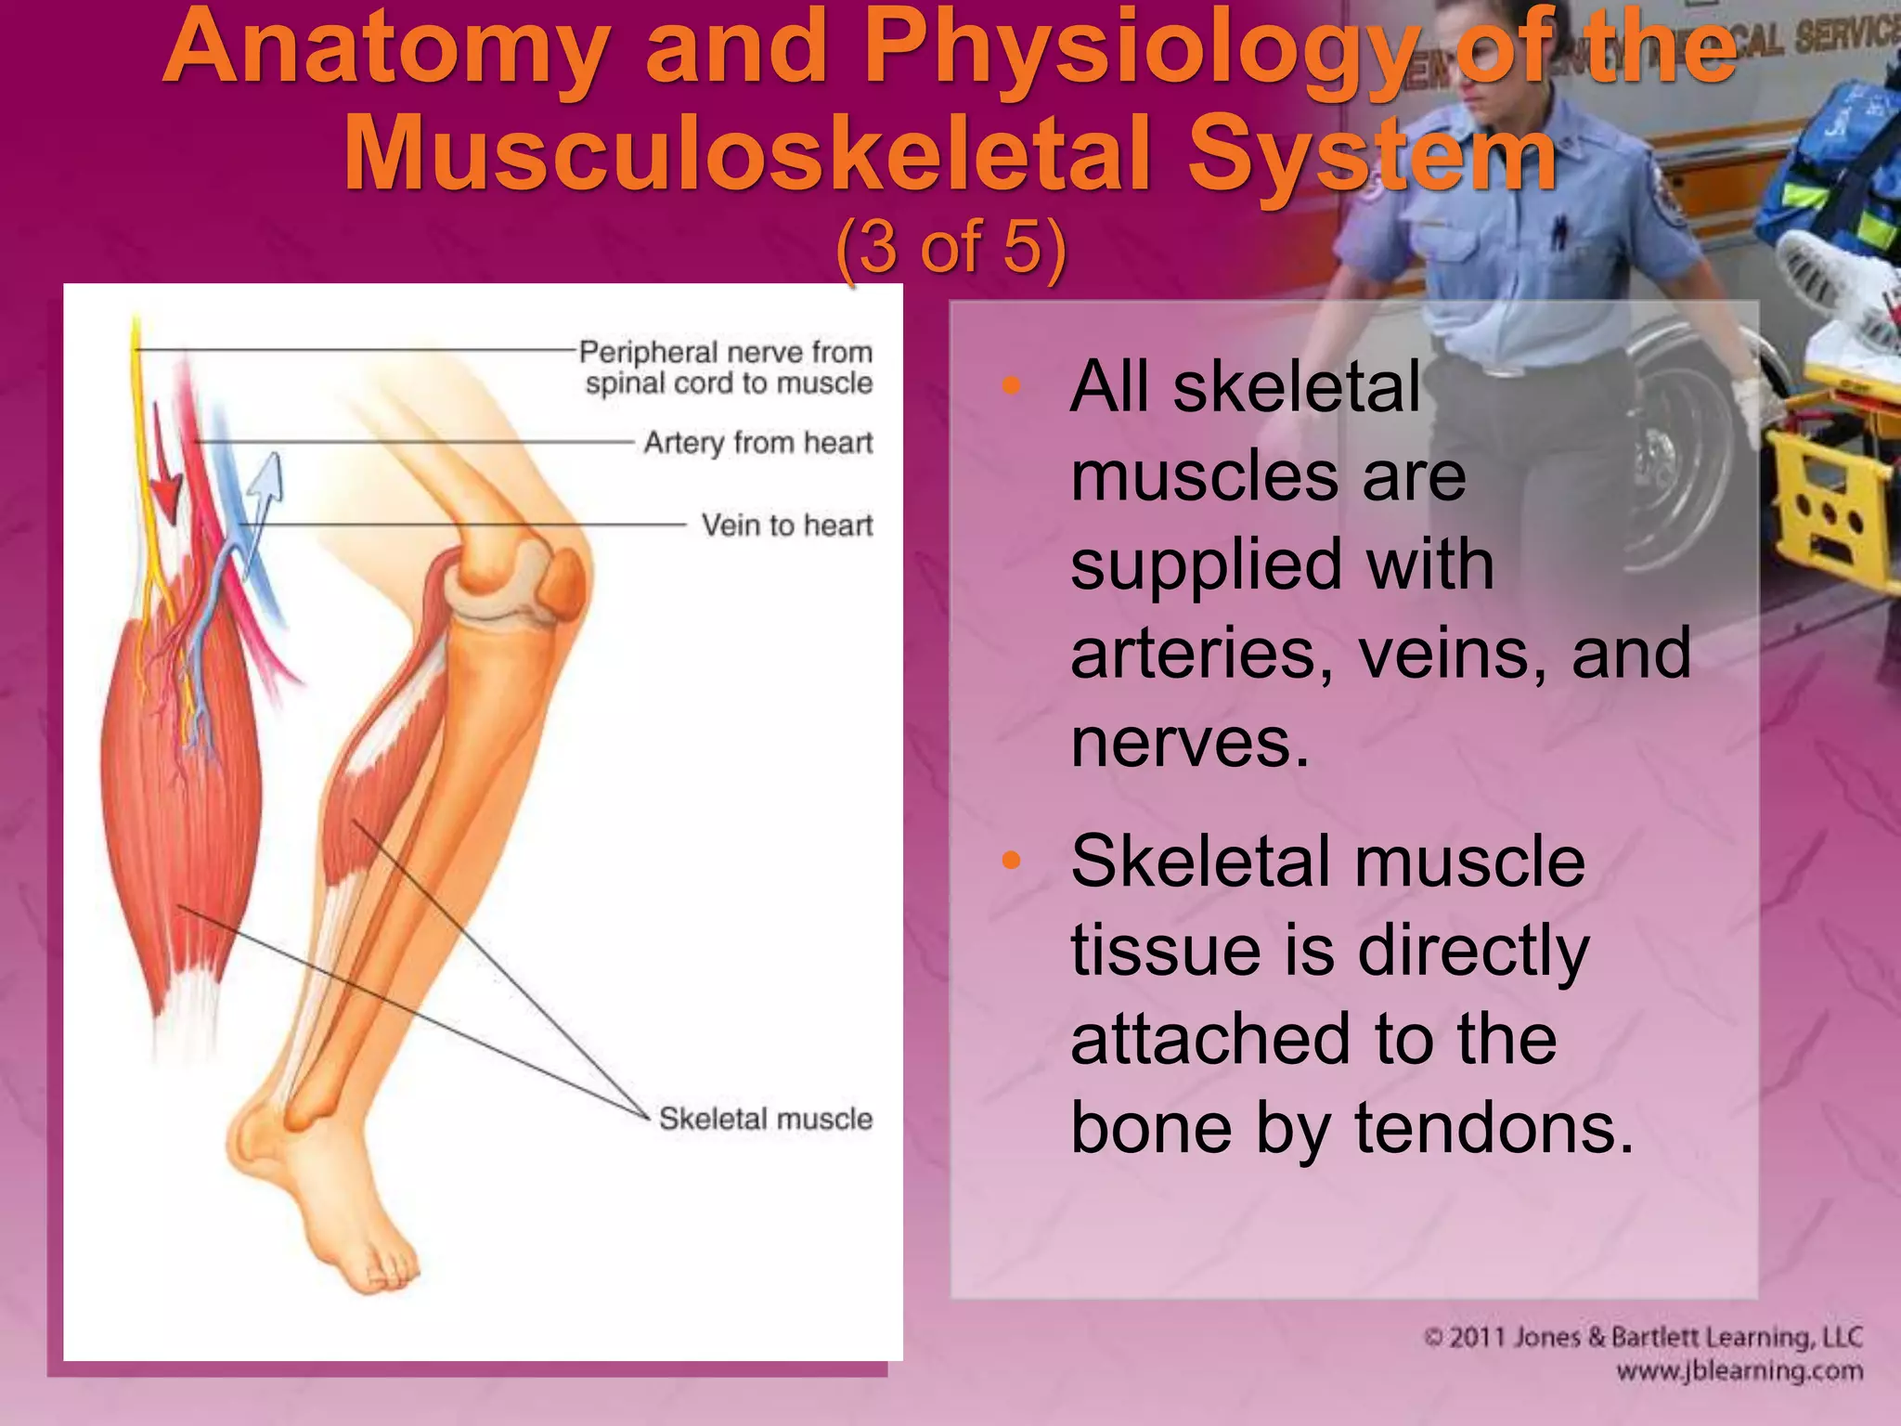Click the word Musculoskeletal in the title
(747, 153)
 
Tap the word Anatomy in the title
(385, 46)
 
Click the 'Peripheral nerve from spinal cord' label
(727, 368)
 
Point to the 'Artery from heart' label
(758, 443)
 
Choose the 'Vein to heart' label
(787, 525)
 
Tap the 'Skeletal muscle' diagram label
(766, 1119)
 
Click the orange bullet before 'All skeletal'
(1011, 384)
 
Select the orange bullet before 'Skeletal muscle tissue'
(1011, 861)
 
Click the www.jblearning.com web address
(1739, 1371)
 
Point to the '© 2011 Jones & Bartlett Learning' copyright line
(1643, 1337)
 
